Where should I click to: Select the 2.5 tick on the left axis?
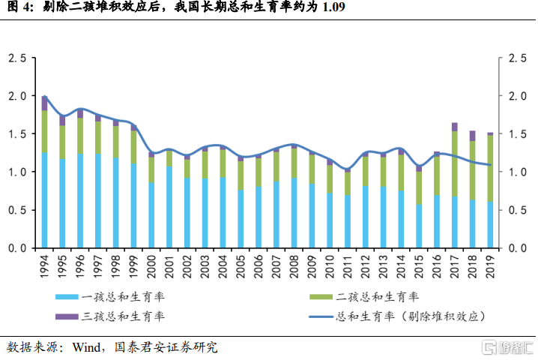point(16,58)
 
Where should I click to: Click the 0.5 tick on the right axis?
point(516,210)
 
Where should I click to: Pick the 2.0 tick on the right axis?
point(516,96)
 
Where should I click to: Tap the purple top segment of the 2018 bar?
point(472,136)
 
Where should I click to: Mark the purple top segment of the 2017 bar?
point(455,127)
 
